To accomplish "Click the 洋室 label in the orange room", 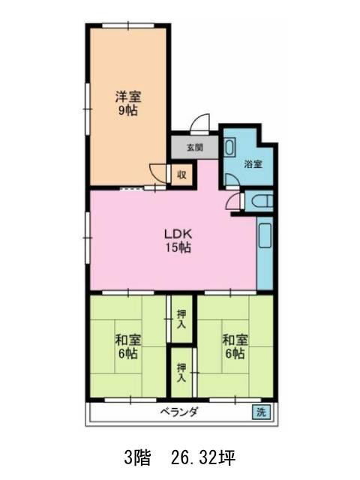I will pyautogui.click(x=127, y=96).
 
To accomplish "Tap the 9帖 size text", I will pyautogui.click(x=127, y=111).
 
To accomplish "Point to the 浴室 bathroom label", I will pyautogui.click(x=253, y=164).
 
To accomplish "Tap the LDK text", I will pyautogui.click(x=178, y=232).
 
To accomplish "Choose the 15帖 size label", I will pyautogui.click(x=178, y=248).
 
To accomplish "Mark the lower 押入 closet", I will pyautogui.click(x=181, y=373).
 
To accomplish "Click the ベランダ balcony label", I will pyautogui.click(x=178, y=412).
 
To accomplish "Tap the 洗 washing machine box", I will pyautogui.click(x=259, y=412).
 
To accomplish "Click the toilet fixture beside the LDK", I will pyautogui.click(x=258, y=202).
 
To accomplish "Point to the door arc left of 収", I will pyautogui.click(x=159, y=172).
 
